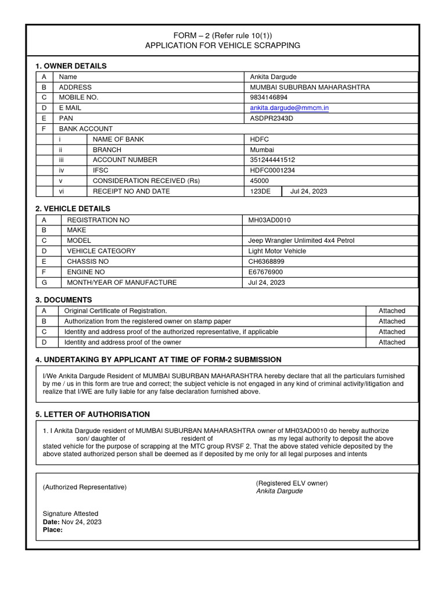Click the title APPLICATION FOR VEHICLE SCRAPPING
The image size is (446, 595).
point(222,45)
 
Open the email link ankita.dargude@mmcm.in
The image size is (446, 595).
point(289,108)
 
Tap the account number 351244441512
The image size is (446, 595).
point(272,160)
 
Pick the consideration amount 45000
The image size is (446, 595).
point(259,181)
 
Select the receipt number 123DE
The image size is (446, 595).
point(260,191)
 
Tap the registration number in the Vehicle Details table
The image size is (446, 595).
point(269,220)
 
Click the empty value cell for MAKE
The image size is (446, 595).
point(330,231)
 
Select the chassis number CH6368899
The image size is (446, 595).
point(267,261)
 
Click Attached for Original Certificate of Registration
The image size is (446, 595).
point(392,311)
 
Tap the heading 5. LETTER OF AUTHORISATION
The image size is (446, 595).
point(93,414)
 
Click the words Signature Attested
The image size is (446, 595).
point(71,514)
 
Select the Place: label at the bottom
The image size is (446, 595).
point(53,530)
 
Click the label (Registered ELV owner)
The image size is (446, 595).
point(292,483)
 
